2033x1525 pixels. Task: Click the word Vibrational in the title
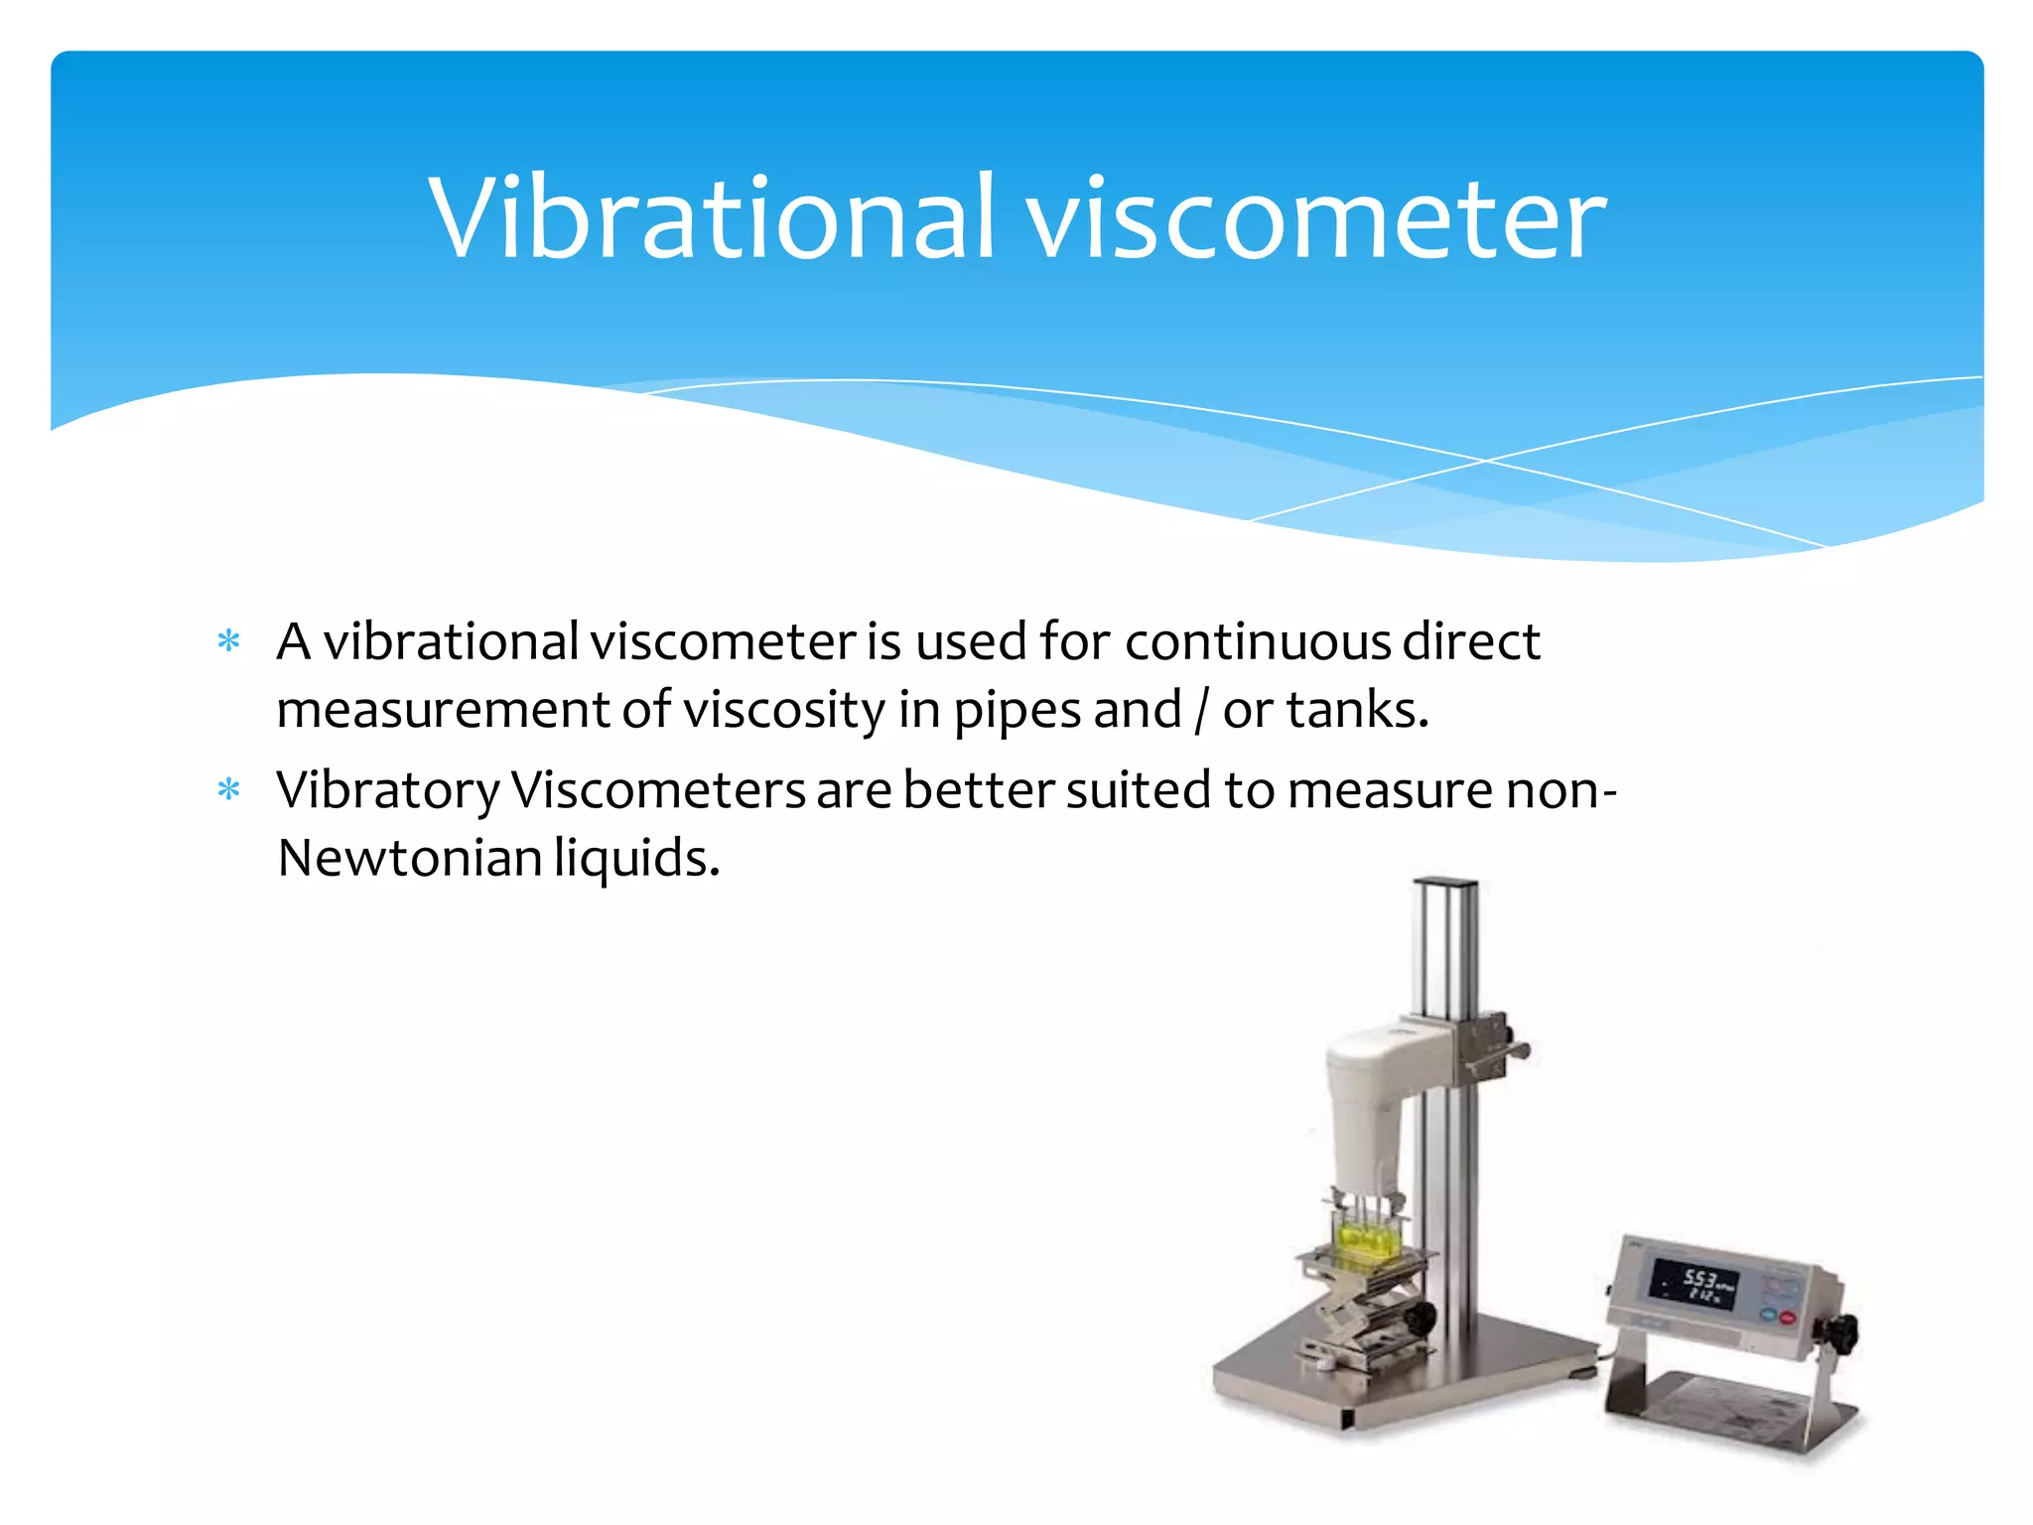(710, 218)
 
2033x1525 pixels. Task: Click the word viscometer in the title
(1315, 218)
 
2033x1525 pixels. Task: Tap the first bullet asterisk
(229, 641)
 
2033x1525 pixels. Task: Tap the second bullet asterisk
(229, 790)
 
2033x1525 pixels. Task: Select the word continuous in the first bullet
(1259, 641)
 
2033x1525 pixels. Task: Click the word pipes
(1017, 711)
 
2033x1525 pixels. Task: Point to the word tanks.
(1356, 711)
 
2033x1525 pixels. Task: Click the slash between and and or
(1202, 711)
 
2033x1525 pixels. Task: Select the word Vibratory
(387, 791)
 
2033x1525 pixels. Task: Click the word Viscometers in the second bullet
(657, 791)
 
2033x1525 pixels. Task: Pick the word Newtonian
(409, 858)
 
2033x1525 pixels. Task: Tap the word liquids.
(636, 858)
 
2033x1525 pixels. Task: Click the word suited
(1138, 791)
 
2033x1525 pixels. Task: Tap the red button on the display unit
(1788, 1318)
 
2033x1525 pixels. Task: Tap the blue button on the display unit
(1768, 1313)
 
